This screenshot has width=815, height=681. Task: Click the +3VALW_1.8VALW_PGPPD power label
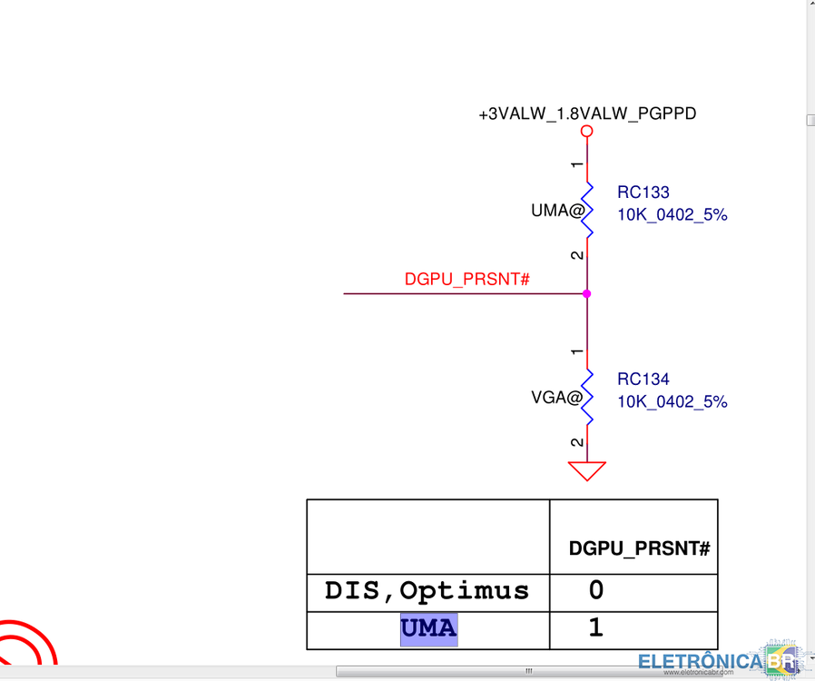tap(587, 114)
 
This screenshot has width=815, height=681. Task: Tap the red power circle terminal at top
tap(587, 132)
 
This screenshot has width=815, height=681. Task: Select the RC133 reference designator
tap(643, 192)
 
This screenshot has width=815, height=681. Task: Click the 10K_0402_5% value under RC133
tap(672, 215)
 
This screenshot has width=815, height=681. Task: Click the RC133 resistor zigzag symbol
tap(587, 209)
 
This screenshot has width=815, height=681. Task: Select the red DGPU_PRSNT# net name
tap(466, 280)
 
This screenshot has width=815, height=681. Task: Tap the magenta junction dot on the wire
tap(587, 293)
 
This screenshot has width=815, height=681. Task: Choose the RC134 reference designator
tap(643, 380)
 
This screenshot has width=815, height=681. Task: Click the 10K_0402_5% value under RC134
tap(672, 401)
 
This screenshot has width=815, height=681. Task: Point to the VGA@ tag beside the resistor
tap(556, 397)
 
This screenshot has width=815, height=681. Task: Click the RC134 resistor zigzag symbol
tap(587, 396)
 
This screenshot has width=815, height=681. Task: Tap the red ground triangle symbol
tap(587, 470)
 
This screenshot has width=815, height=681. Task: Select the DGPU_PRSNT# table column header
tap(638, 548)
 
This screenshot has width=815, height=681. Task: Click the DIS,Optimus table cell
tap(427, 591)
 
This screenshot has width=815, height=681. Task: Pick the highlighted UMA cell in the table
tap(428, 628)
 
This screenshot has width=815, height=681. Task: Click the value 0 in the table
tap(596, 591)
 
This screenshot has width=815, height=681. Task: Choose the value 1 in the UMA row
tap(596, 628)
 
